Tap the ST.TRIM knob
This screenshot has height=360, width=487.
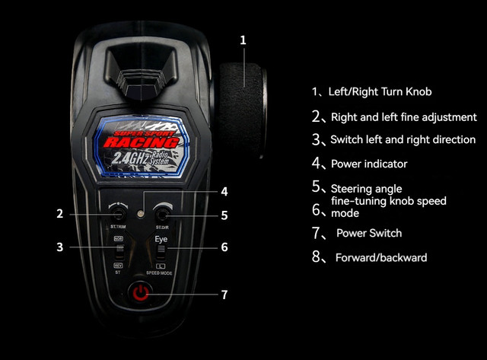(119, 213)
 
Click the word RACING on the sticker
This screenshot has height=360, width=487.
(142, 142)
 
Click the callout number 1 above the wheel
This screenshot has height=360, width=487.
(243, 40)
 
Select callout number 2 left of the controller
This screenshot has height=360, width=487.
(59, 214)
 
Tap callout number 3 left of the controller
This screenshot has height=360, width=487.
(59, 247)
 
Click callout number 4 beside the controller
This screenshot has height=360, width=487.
(224, 191)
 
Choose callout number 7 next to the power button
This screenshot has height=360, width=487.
(224, 295)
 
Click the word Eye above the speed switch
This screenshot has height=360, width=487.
(161, 239)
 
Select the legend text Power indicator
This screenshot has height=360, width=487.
(369, 164)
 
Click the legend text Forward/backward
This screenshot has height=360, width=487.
(380, 257)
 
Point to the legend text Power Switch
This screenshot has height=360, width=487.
(368, 233)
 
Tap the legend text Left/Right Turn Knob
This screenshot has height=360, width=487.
(380, 91)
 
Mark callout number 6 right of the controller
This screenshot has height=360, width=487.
(224, 247)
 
